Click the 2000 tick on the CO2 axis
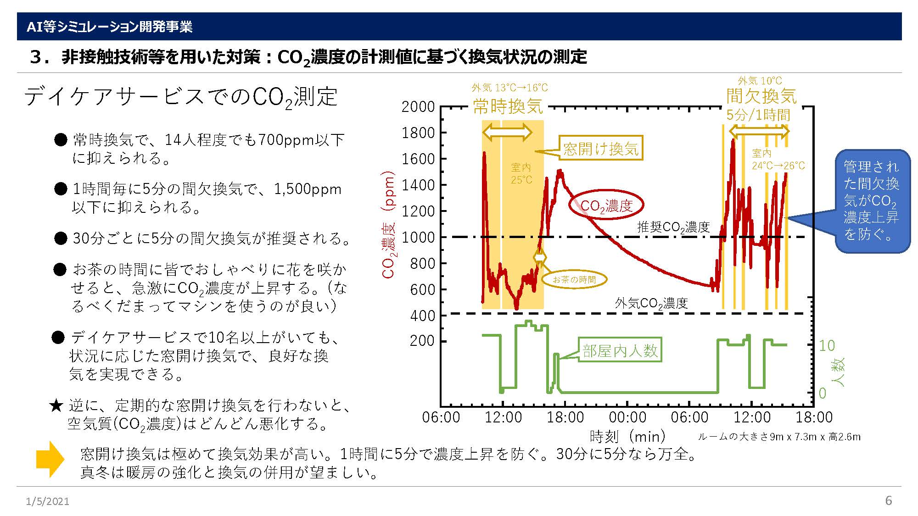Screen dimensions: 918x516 click(x=418, y=107)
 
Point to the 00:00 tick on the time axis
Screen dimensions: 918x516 click(x=627, y=417)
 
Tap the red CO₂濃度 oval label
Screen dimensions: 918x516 click(x=606, y=206)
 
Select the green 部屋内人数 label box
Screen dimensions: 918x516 click(x=620, y=351)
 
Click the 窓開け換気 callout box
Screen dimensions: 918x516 click(x=601, y=148)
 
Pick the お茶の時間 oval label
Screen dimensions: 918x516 click(x=574, y=279)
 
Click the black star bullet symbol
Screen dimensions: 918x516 click(x=56, y=405)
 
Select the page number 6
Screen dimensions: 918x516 click(x=888, y=500)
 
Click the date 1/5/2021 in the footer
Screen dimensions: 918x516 click(x=48, y=501)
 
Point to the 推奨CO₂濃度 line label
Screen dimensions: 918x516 click(x=673, y=227)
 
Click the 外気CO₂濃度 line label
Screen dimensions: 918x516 click(x=651, y=304)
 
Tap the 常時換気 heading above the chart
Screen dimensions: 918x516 click(x=508, y=106)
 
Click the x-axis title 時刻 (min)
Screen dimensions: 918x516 click(x=627, y=436)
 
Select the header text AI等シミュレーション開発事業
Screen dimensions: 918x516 click(x=109, y=27)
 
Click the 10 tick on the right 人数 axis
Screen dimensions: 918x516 click(x=827, y=345)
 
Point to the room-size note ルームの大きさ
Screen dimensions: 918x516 click(x=779, y=437)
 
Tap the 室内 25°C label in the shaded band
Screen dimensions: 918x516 click(x=521, y=173)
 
